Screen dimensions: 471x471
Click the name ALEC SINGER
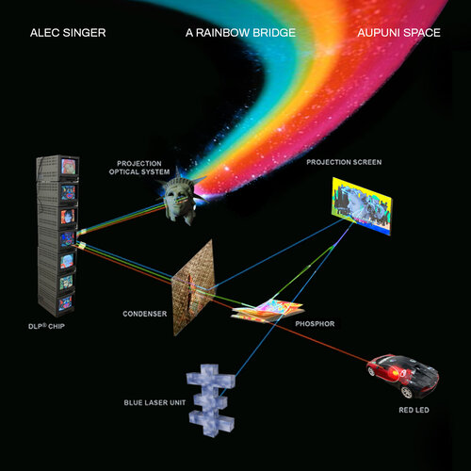[x=68, y=33]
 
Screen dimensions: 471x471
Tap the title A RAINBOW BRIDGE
[x=240, y=33]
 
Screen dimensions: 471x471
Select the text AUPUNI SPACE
[x=398, y=33]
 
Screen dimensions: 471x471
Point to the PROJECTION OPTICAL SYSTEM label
[x=139, y=168]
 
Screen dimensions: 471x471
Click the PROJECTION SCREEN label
[x=344, y=162]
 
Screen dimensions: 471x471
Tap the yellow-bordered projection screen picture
[x=362, y=205]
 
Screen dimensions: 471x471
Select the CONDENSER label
[x=145, y=314]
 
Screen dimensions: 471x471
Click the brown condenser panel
[x=193, y=287]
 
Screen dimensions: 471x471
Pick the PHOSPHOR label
[x=315, y=324]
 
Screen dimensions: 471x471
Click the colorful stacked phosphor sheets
[x=268, y=310]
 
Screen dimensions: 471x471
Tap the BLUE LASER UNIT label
[x=154, y=402]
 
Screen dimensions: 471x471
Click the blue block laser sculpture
[x=211, y=399]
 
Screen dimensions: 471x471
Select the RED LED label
[x=414, y=410]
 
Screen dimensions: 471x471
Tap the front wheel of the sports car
[x=407, y=392]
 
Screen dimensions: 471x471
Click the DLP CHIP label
[x=46, y=326]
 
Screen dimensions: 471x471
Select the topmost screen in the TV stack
[x=69, y=167]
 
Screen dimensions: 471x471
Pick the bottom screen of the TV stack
[x=65, y=303]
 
